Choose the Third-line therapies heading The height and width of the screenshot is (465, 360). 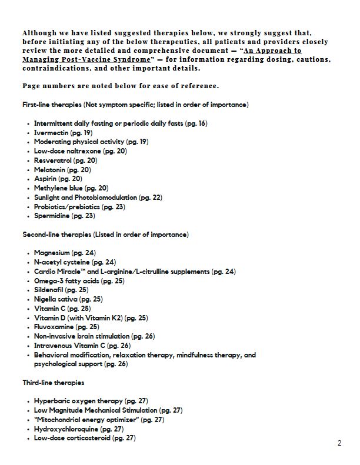(x=54, y=383)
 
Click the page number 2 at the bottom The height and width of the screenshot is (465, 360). (x=340, y=443)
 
